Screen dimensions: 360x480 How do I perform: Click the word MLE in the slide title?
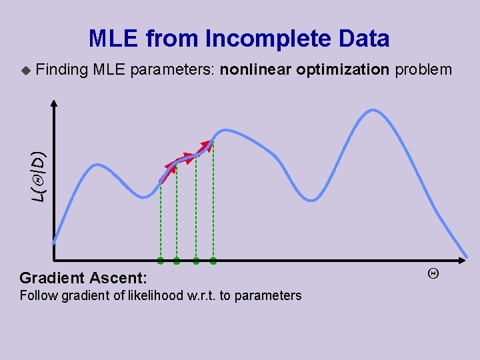[114, 39]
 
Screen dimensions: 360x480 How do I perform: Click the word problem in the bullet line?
[424, 69]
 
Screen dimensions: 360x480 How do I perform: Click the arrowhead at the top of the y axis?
[54, 103]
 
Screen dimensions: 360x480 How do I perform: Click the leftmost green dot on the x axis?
[161, 260]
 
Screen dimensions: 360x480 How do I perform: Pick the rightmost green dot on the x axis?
[213, 261]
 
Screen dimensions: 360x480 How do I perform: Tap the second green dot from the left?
[177, 261]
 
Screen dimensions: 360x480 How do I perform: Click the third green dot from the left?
[196, 261]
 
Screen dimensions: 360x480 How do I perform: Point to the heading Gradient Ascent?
[83, 278]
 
